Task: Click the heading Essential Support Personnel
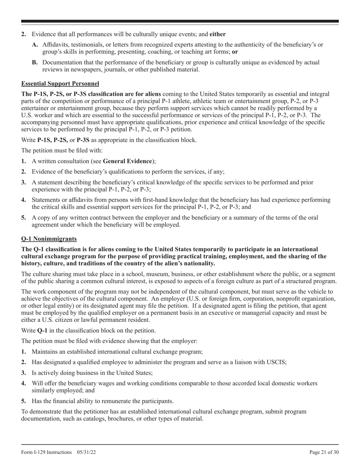(x=60, y=83)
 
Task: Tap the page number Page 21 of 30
(x=324, y=452)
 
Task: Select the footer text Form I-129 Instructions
(x=46, y=452)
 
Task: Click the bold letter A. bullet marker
(x=35, y=45)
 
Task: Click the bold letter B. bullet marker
(x=35, y=63)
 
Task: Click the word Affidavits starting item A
(x=55, y=45)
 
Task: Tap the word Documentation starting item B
(x=61, y=63)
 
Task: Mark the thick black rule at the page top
(x=180, y=22)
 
